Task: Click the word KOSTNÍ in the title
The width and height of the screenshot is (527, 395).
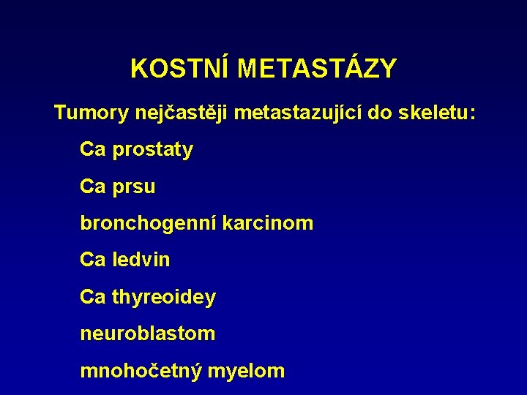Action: (x=181, y=69)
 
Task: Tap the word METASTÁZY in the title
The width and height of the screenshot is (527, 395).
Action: (x=317, y=69)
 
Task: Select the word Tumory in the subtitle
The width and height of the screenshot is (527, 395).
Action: (x=91, y=113)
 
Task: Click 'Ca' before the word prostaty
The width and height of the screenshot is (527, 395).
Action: (x=93, y=150)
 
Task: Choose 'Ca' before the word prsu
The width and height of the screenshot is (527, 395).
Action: (x=93, y=187)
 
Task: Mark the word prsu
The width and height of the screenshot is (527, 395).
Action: (x=134, y=187)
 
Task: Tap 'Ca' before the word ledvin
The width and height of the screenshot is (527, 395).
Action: (x=93, y=260)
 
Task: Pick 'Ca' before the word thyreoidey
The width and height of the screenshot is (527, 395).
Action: (x=93, y=297)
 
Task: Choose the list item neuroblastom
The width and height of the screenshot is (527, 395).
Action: (x=148, y=334)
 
